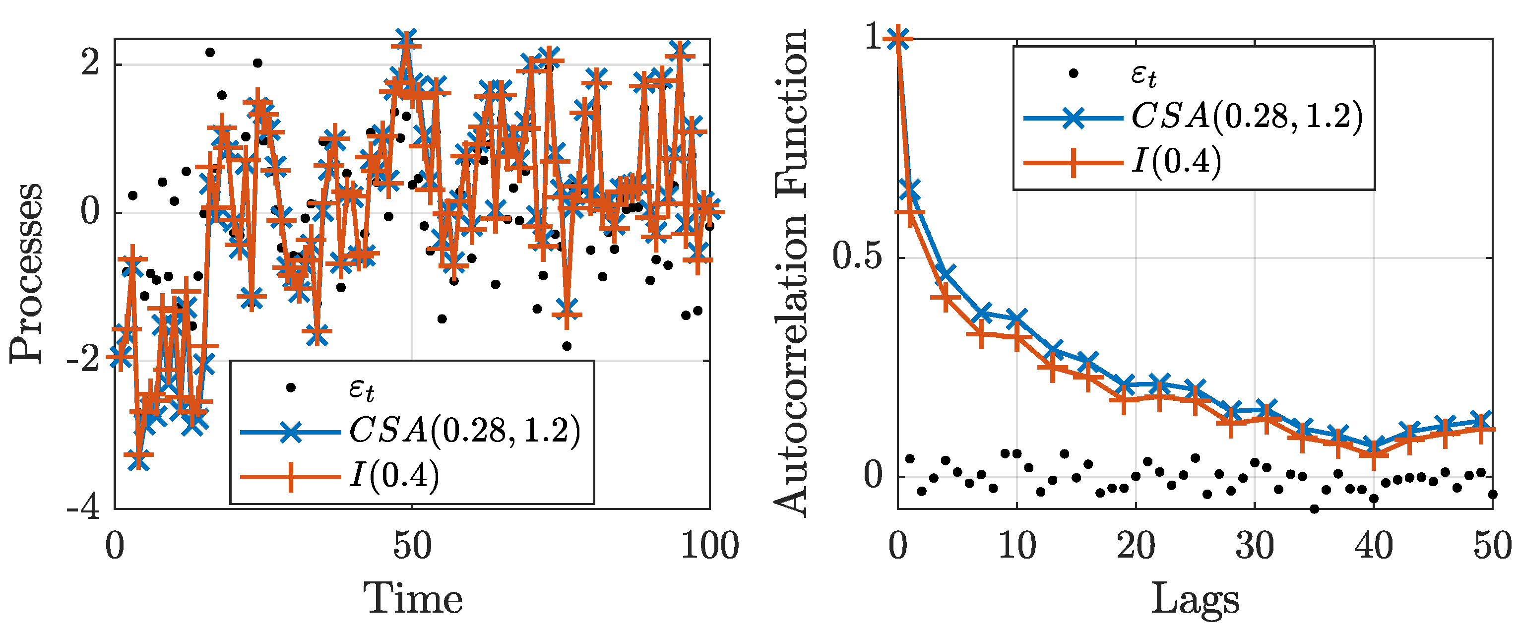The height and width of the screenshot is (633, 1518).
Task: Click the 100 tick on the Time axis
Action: (x=709, y=545)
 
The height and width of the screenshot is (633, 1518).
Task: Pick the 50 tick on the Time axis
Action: (x=412, y=545)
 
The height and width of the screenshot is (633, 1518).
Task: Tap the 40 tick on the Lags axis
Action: (x=1373, y=545)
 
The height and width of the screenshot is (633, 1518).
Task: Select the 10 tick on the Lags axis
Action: (x=1017, y=545)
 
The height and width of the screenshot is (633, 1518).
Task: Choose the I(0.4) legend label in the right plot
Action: (x=1176, y=160)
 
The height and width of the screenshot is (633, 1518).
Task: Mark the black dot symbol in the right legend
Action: (x=1073, y=73)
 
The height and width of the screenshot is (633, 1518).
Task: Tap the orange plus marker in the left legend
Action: (x=291, y=476)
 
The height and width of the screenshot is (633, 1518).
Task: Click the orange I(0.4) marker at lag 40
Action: (x=1373, y=454)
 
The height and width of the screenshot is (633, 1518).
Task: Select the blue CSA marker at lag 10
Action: (x=1017, y=319)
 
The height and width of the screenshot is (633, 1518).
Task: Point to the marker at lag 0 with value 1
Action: (x=898, y=39)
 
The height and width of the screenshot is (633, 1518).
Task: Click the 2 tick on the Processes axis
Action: (x=90, y=63)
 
